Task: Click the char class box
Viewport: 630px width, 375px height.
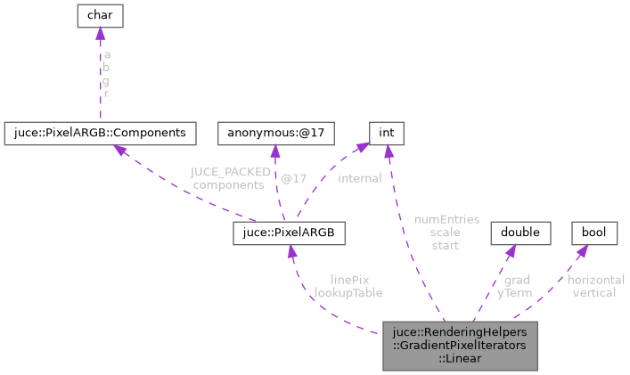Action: click(x=100, y=15)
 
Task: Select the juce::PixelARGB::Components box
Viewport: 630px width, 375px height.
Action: click(x=100, y=134)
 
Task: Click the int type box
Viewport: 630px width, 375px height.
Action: click(x=386, y=134)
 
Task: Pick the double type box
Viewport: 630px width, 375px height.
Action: click(x=520, y=233)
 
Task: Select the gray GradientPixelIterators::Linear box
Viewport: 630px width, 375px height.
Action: click(x=460, y=345)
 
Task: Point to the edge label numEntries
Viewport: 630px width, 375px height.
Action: click(x=447, y=219)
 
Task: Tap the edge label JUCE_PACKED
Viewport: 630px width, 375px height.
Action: click(x=229, y=172)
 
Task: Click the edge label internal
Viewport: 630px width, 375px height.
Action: click(x=359, y=178)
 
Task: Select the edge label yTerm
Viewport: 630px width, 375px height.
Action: click(x=515, y=291)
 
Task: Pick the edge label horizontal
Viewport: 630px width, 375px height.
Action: click(x=595, y=279)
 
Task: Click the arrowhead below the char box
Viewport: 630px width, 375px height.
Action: click(x=100, y=35)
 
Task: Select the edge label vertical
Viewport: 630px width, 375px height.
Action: click(x=595, y=291)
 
